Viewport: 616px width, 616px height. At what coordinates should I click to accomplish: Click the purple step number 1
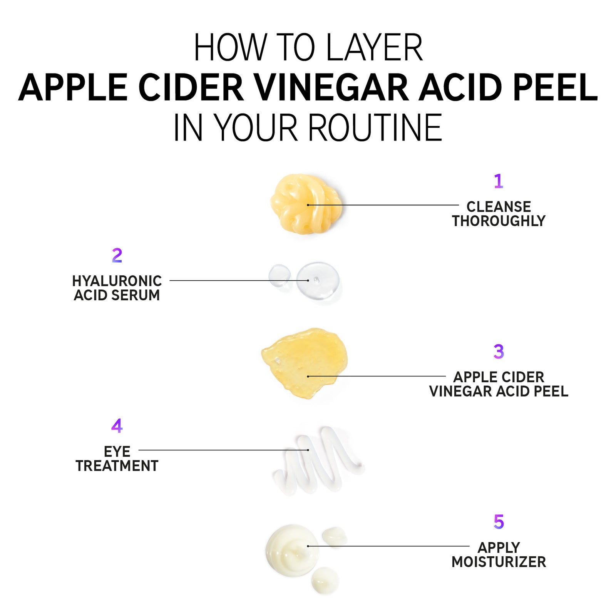(x=499, y=181)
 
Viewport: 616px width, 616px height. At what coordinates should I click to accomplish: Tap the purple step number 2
(x=117, y=256)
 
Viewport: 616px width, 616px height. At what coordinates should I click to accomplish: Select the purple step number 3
(x=499, y=352)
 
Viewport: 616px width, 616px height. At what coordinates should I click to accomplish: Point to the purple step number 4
(x=117, y=426)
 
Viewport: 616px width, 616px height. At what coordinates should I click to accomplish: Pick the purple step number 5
(x=499, y=522)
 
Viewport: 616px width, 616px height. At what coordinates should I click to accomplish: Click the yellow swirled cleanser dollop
(x=305, y=204)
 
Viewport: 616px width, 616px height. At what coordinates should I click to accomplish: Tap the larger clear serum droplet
(x=318, y=280)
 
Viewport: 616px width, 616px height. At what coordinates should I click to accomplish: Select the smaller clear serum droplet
(x=280, y=275)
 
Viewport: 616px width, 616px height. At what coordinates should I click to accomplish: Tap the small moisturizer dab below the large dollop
(x=325, y=580)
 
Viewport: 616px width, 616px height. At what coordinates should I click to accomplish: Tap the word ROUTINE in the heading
(x=375, y=128)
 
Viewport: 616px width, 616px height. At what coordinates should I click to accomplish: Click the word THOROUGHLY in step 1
(x=499, y=221)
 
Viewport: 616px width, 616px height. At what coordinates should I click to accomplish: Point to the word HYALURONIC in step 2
(x=117, y=281)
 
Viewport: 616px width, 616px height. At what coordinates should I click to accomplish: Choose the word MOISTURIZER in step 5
(x=499, y=562)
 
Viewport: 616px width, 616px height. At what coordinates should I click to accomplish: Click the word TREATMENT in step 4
(x=117, y=466)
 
